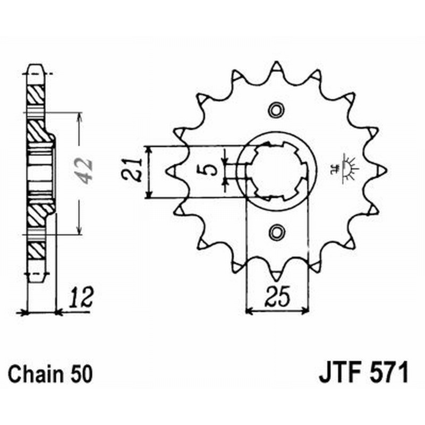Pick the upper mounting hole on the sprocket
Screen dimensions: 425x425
(x=276, y=110)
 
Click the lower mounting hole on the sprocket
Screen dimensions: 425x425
(x=276, y=232)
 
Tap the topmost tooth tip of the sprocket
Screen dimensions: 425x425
(x=276, y=65)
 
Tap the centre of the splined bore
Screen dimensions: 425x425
(x=277, y=171)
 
